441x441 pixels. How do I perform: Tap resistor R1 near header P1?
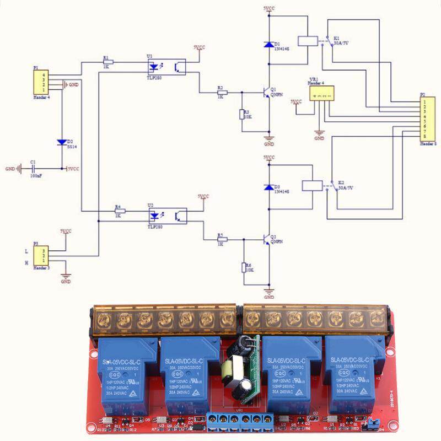point(109,62)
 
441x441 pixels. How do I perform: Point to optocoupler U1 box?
point(166,67)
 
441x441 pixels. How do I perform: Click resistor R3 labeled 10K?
point(241,115)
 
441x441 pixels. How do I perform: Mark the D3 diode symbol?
point(268,187)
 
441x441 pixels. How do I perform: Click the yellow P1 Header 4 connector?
point(40,82)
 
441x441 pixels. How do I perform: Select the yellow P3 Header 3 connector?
point(40,255)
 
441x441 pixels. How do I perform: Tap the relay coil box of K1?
point(306,40)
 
